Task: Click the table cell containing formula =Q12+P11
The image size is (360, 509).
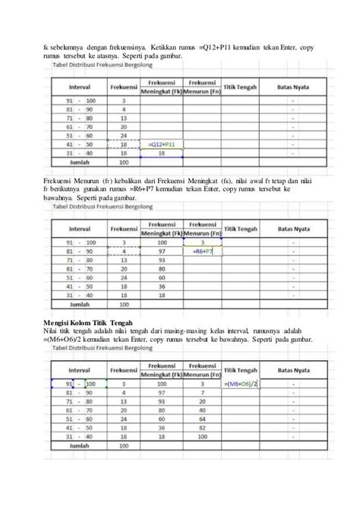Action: click(159, 143)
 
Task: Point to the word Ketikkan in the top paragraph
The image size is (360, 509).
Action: click(164, 47)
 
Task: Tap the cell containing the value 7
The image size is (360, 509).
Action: click(201, 394)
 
